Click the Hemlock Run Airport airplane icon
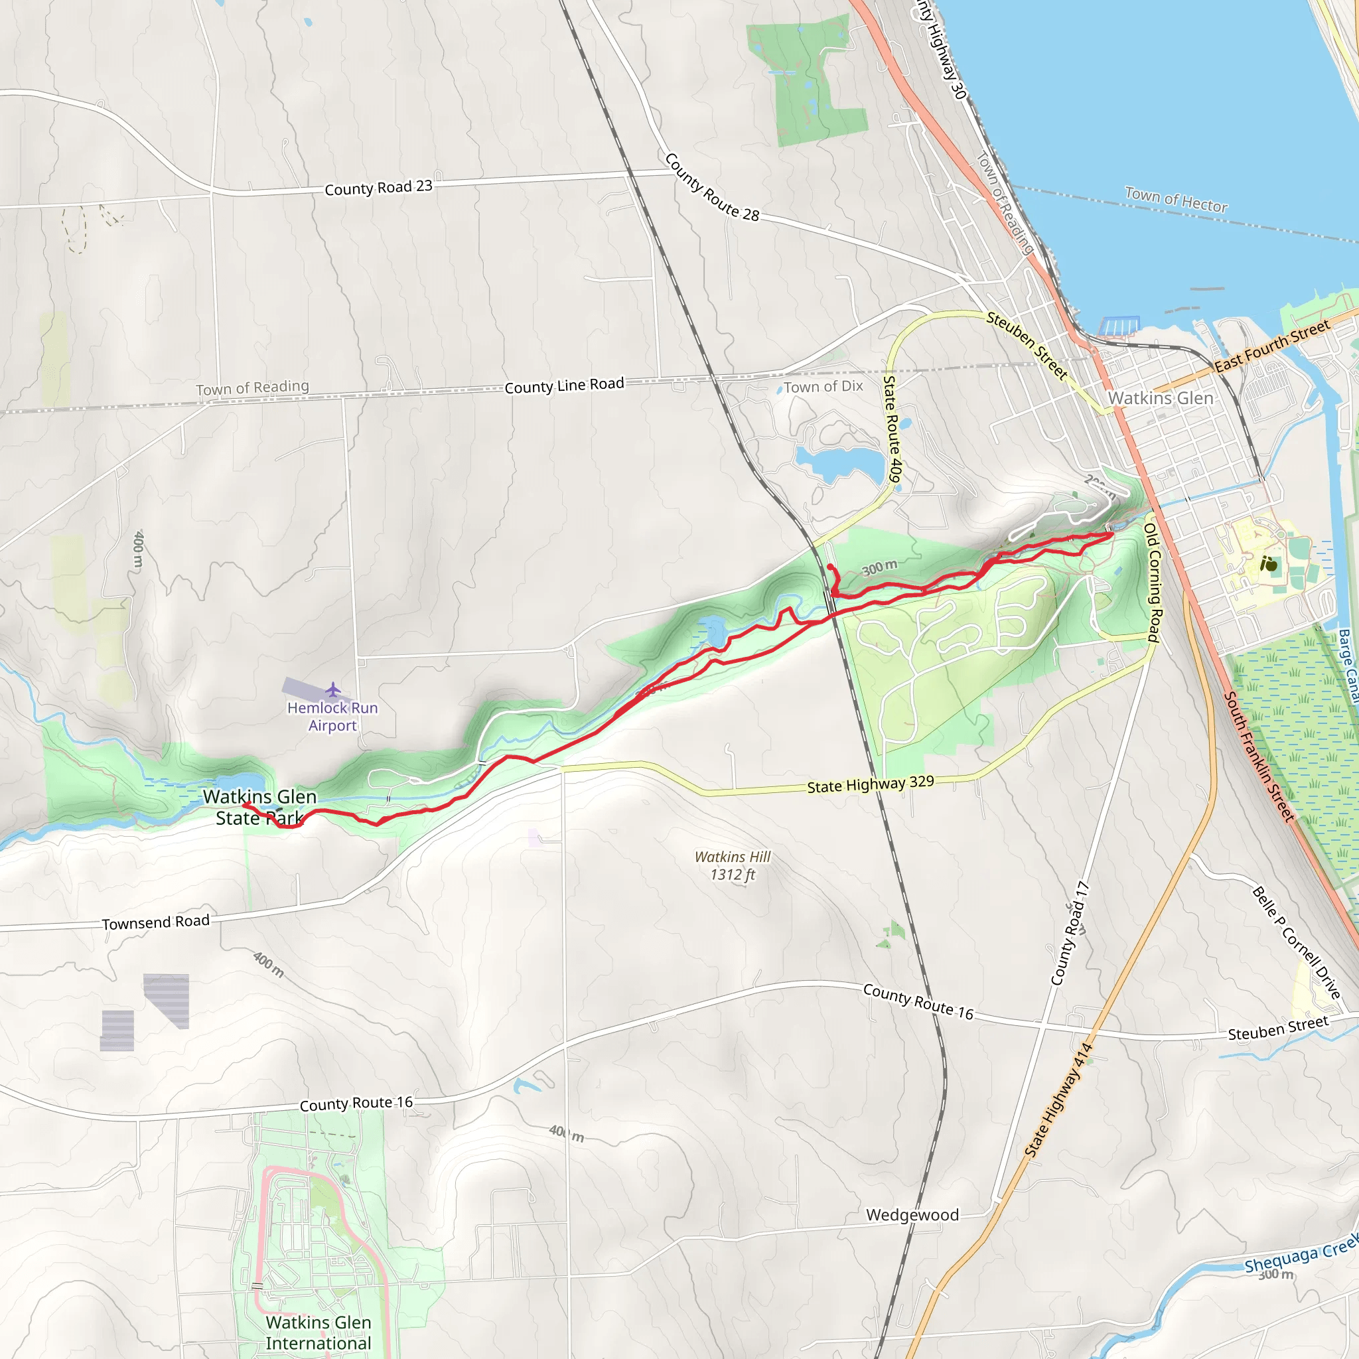(x=332, y=689)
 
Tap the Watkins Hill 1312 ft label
(x=733, y=865)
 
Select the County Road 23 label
(x=378, y=188)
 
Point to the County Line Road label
(x=564, y=386)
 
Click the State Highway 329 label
(x=870, y=785)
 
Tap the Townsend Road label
(x=155, y=923)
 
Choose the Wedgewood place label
(x=912, y=1215)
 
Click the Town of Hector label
(x=1176, y=200)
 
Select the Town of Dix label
(x=823, y=386)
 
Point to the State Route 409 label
(x=892, y=429)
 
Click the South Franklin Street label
(x=1259, y=757)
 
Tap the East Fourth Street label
(x=1272, y=345)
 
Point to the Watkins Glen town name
(x=1161, y=398)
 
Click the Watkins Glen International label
(x=319, y=1332)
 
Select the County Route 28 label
(x=711, y=187)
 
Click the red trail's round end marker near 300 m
(x=830, y=567)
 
